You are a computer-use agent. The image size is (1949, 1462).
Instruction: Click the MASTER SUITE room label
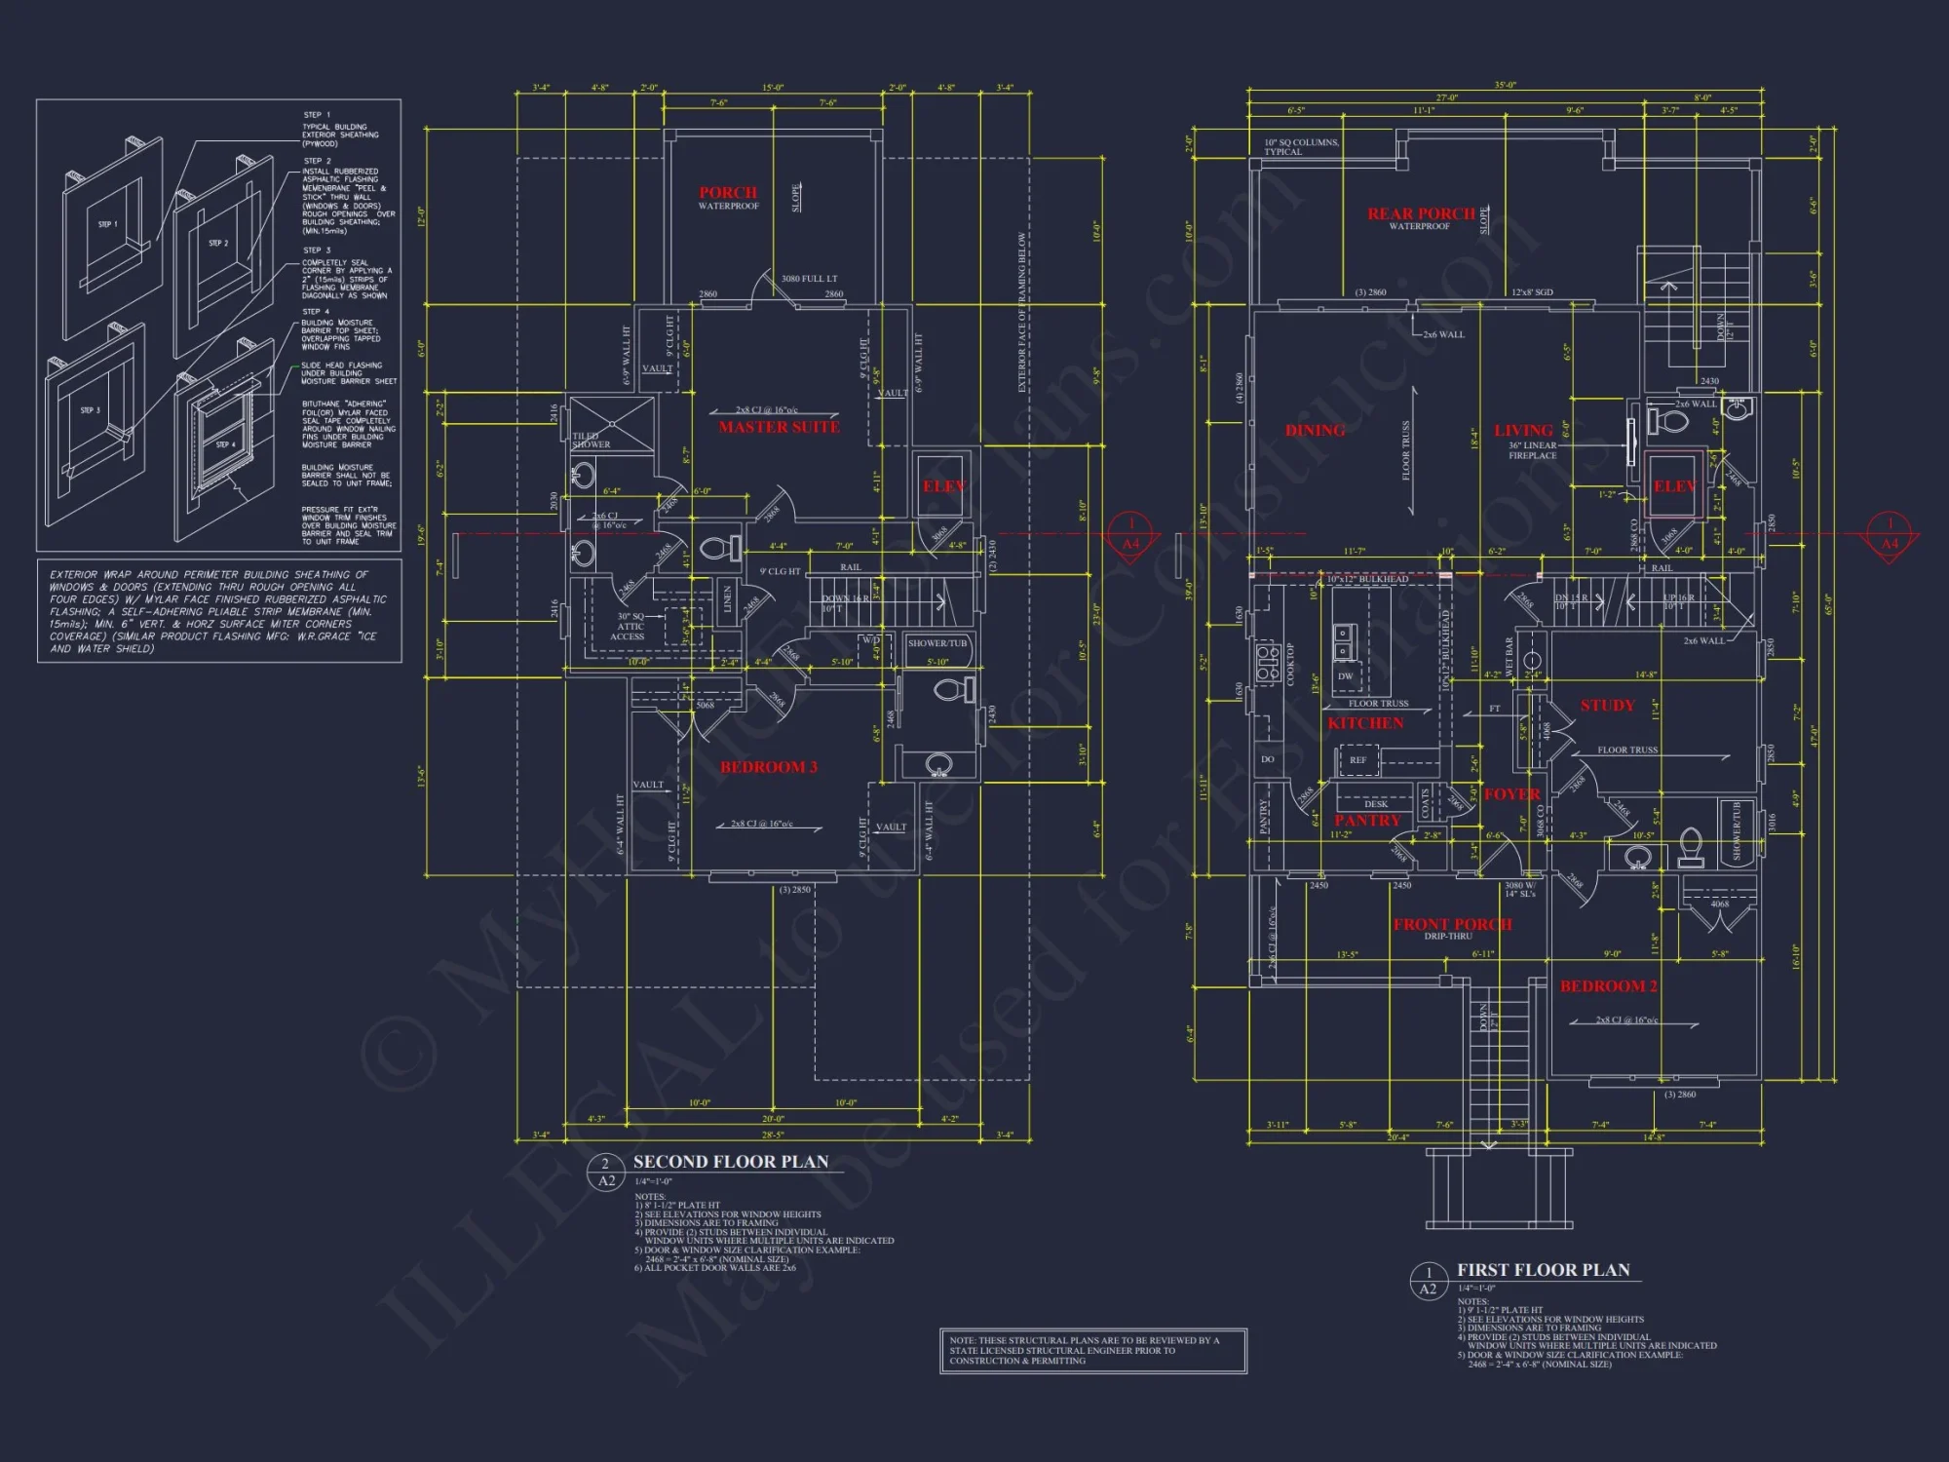point(779,427)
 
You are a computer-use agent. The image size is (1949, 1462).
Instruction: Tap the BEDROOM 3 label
point(768,767)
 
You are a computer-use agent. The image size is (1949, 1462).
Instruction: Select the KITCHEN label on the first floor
point(1365,723)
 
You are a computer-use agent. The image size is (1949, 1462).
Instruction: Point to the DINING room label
point(1315,430)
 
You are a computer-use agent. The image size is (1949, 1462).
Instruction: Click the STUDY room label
point(1607,705)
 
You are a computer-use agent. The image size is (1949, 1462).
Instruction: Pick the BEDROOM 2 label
point(1608,986)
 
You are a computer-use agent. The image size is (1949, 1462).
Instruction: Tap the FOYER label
point(1511,794)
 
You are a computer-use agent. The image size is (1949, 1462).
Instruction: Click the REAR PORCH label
point(1421,213)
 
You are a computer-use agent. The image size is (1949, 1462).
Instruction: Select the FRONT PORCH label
point(1452,924)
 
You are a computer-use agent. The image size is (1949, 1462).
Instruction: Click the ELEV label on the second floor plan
point(943,485)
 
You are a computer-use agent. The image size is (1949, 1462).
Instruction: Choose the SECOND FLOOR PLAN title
point(731,1162)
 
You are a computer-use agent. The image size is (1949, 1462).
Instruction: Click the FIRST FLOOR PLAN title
point(1543,1270)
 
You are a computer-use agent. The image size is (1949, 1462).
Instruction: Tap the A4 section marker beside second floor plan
point(1131,535)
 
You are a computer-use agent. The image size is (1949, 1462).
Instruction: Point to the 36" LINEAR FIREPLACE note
point(1532,450)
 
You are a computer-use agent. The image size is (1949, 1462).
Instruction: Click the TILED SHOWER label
point(591,441)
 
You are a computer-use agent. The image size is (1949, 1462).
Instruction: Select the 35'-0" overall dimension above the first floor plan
point(1505,86)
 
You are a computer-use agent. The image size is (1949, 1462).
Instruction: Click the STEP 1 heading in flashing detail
point(316,115)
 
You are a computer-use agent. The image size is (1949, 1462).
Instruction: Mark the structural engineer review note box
point(1092,1350)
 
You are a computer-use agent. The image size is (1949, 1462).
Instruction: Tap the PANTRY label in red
point(1366,821)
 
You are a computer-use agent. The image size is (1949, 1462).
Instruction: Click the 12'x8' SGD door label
point(1532,292)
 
